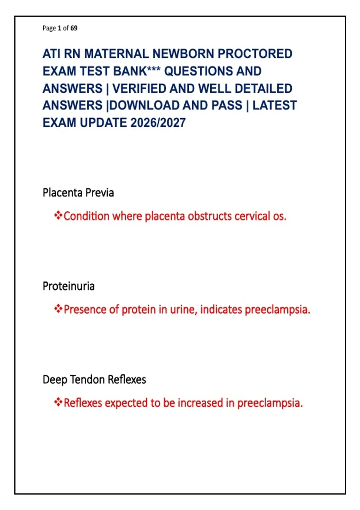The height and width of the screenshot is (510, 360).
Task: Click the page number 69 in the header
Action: click(x=74, y=28)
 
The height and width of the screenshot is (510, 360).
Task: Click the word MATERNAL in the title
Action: click(x=117, y=54)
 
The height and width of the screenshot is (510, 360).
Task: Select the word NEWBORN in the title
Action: click(x=183, y=54)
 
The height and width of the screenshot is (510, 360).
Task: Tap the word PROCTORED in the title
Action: click(x=255, y=54)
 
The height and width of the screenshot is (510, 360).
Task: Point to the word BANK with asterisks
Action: click(x=137, y=71)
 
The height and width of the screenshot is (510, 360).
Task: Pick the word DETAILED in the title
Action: click(x=263, y=88)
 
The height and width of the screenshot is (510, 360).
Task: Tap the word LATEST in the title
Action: click(x=274, y=105)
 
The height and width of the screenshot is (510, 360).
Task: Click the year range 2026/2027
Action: click(x=158, y=123)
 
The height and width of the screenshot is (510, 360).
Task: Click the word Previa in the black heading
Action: click(x=100, y=193)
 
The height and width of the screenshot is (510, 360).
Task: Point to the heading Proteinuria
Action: click(x=68, y=286)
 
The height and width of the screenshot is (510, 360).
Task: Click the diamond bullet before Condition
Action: click(x=58, y=215)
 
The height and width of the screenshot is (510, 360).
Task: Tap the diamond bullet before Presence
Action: click(x=58, y=309)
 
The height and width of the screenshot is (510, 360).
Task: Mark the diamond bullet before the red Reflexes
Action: click(x=58, y=402)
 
